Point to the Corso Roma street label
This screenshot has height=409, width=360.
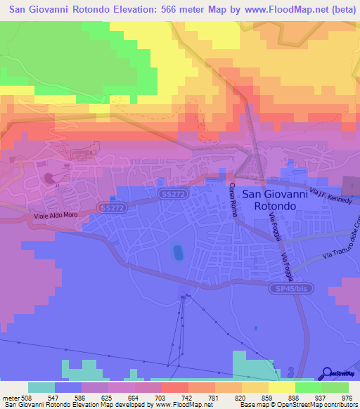click(232, 200)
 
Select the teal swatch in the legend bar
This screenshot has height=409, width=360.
click(41, 387)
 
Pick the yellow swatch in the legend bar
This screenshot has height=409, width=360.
click(282, 387)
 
